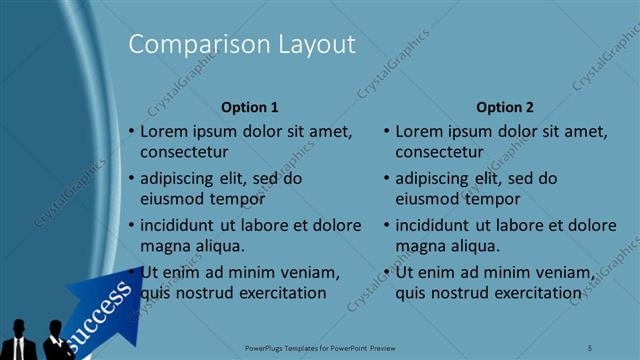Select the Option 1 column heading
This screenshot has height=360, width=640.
click(250, 107)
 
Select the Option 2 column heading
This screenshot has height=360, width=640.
click(505, 107)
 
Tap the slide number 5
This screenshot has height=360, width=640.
click(591, 347)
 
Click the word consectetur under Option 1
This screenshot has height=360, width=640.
click(184, 153)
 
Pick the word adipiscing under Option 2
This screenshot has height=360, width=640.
click(432, 178)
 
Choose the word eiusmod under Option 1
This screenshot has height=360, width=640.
click(169, 199)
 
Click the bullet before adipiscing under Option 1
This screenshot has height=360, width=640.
click(131, 178)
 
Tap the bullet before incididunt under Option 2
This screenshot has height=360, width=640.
click(386, 225)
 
